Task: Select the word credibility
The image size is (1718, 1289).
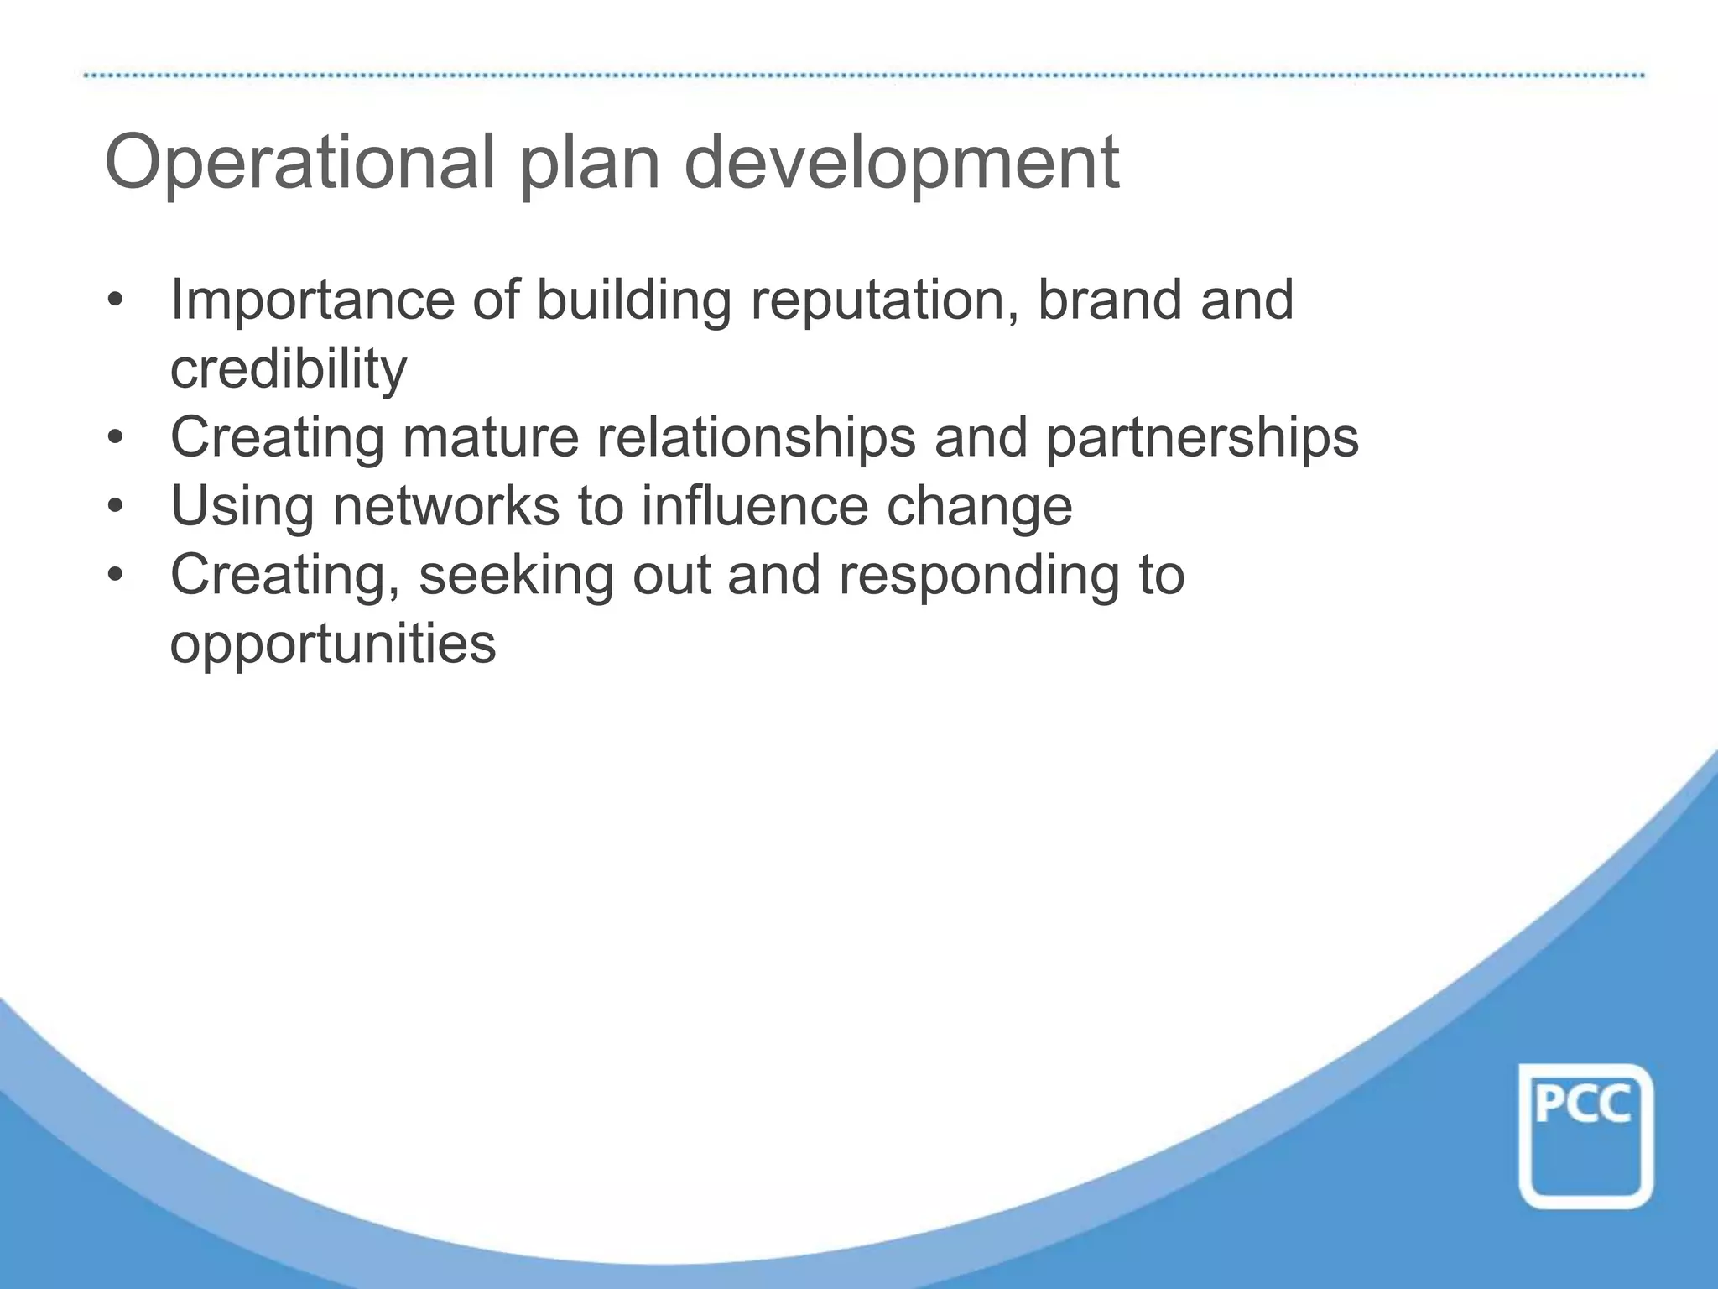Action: [288, 370]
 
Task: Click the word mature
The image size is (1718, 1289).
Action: [490, 438]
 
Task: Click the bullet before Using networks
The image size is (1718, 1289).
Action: [116, 507]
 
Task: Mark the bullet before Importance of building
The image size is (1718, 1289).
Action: [116, 300]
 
